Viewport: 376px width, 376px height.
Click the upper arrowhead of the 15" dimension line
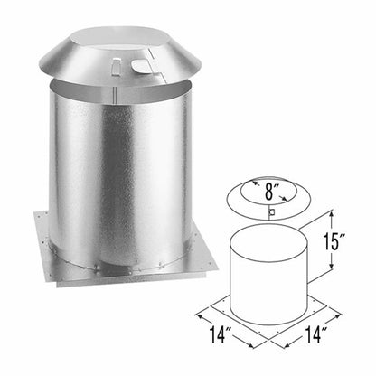[x=334, y=213]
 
